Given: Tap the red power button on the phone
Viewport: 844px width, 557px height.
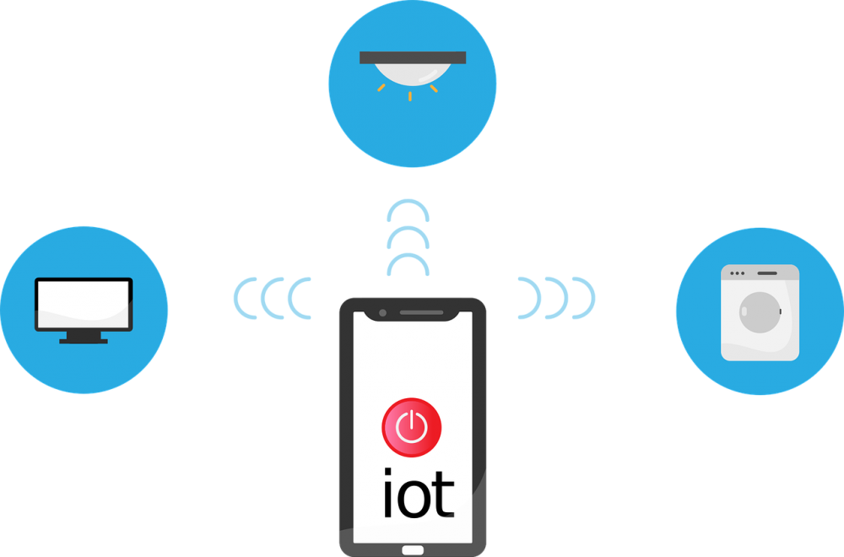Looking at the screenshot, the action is pos(412,428).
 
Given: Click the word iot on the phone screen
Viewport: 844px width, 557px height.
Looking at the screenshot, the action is pos(419,493).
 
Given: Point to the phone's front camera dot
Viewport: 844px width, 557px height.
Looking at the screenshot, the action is pos(382,312).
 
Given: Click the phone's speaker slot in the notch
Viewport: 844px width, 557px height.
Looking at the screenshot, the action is pos(421,312).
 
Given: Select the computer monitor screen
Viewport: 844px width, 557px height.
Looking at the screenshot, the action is pos(84,304).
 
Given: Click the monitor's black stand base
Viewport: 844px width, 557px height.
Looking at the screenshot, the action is pos(84,341).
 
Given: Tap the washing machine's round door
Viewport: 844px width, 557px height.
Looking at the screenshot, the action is pos(760,312).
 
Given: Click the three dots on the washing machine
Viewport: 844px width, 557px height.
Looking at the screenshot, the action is pos(737,273).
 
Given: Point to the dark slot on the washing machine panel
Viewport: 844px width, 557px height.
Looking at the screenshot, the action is pos(767,273).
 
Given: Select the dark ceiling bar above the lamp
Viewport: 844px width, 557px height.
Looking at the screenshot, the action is pos(413,57).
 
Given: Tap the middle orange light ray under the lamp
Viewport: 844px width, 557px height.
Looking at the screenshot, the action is pos(410,96).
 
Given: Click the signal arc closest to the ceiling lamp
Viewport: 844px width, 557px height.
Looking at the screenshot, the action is pos(408,201).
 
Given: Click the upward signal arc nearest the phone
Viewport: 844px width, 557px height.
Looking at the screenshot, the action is pos(408,255).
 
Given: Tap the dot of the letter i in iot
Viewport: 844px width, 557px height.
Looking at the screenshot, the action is pos(387,472).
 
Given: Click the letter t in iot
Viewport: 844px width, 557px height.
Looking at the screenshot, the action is pos(445,496).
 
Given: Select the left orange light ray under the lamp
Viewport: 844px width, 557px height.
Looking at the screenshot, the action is pos(381,87).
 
